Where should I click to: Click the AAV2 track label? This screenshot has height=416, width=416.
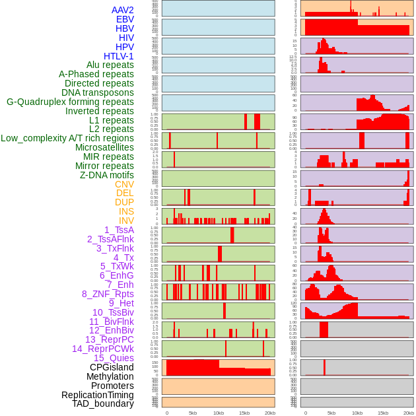pyautogui.click(x=122, y=10)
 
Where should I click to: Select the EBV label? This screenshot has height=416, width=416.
pyautogui.click(x=125, y=19)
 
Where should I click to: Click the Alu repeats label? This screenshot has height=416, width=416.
pyautogui.click(x=110, y=65)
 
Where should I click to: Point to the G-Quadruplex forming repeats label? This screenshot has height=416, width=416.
pyautogui.click(x=70, y=102)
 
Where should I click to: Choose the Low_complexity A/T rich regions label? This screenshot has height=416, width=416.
pyautogui.click(x=67, y=138)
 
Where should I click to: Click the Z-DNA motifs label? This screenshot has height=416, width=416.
pyautogui.click(x=106, y=175)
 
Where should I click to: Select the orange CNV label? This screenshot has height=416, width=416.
pyautogui.click(x=124, y=184)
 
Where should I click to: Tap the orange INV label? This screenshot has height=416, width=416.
pyautogui.click(x=126, y=221)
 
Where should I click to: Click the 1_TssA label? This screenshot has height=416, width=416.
pyautogui.click(x=119, y=230)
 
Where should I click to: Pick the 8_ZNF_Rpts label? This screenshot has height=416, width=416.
pyautogui.click(x=108, y=294)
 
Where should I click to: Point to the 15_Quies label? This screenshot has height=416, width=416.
pyautogui.click(x=114, y=358)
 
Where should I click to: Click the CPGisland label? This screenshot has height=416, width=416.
pyautogui.click(x=112, y=367)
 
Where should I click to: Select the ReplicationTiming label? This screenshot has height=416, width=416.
pyautogui.click(x=97, y=395)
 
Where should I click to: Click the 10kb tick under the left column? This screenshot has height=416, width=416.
pyautogui.click(x=219, y=413)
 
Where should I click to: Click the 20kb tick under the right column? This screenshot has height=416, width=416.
pyautogui.click(x=409, y=413)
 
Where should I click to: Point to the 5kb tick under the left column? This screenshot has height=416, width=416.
pyautogui.click(x=193, y=413)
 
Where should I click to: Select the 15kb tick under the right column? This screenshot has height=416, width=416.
pyautogui.click(x=383, y=413)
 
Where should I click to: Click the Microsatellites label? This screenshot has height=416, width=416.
pyautogui.click(x=104, y=147)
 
